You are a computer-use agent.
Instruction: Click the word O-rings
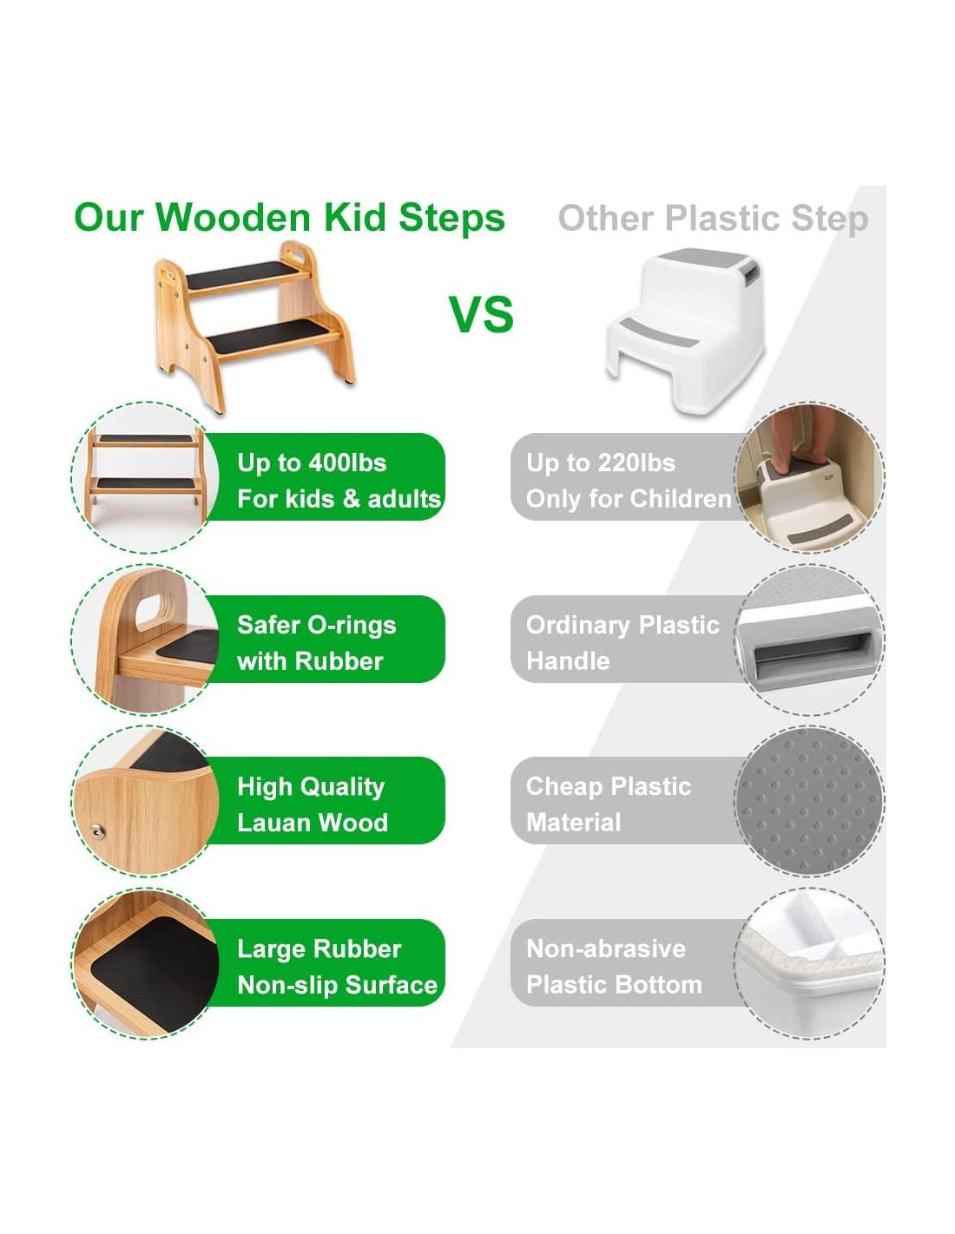click(351, 626)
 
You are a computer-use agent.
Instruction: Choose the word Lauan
click(272, 823)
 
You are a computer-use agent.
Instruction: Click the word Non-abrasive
click(606, 948)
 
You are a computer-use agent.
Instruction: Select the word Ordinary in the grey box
click(577, 626)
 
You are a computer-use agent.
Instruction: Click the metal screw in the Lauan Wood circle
click(98, 832)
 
